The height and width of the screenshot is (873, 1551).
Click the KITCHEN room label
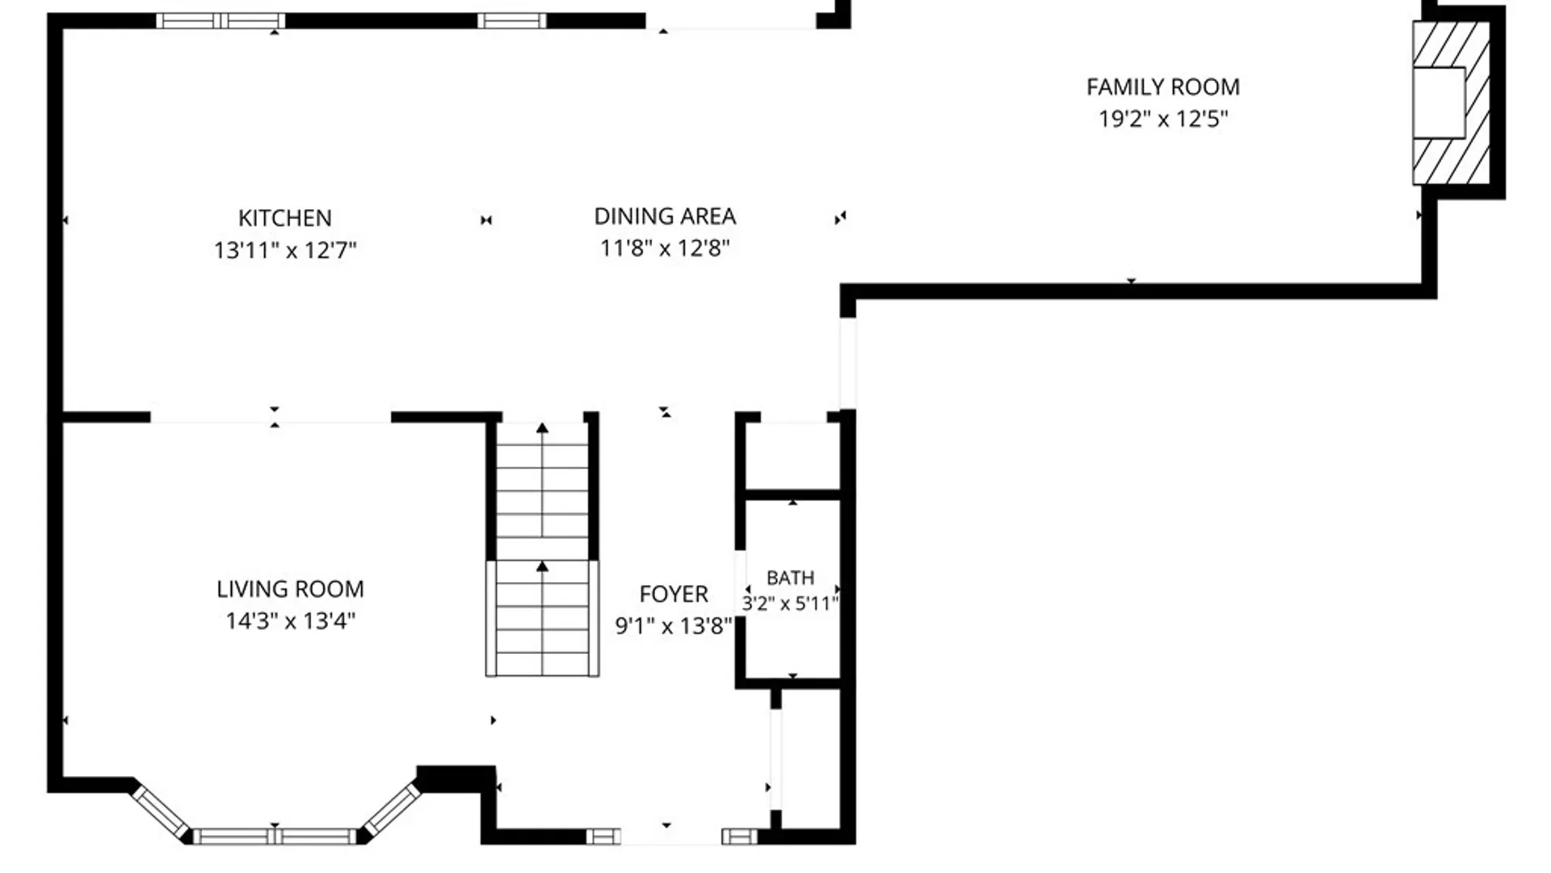click(284, 218)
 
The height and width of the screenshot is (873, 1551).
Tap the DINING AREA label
click(665, 217)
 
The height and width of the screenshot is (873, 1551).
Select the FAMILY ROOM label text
click(1162, 87)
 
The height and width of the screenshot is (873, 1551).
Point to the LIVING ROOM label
click(290, 589)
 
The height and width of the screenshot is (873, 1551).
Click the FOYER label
click(674, 595)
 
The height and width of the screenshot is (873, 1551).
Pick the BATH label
click(790, 578)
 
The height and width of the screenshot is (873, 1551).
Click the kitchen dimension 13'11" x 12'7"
click(284, 251)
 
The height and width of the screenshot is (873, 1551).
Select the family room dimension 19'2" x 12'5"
click(1162, 119)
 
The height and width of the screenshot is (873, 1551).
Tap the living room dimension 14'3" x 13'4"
click(290, 621)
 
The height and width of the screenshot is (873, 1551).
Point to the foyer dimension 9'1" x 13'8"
click(674, 626)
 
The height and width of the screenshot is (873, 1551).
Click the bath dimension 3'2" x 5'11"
click(790, 603)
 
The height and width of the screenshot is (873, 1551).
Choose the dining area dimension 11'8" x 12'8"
click(665, 248)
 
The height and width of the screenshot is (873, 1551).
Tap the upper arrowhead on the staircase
click(542, 428)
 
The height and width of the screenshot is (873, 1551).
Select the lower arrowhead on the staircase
click(542, 567)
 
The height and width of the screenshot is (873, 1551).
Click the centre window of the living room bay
click(275, 837)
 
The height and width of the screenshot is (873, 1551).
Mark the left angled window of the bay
click(161, 812)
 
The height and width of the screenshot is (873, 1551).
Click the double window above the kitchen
click(221, 21)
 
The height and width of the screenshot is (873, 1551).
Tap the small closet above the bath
click(792, 455)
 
